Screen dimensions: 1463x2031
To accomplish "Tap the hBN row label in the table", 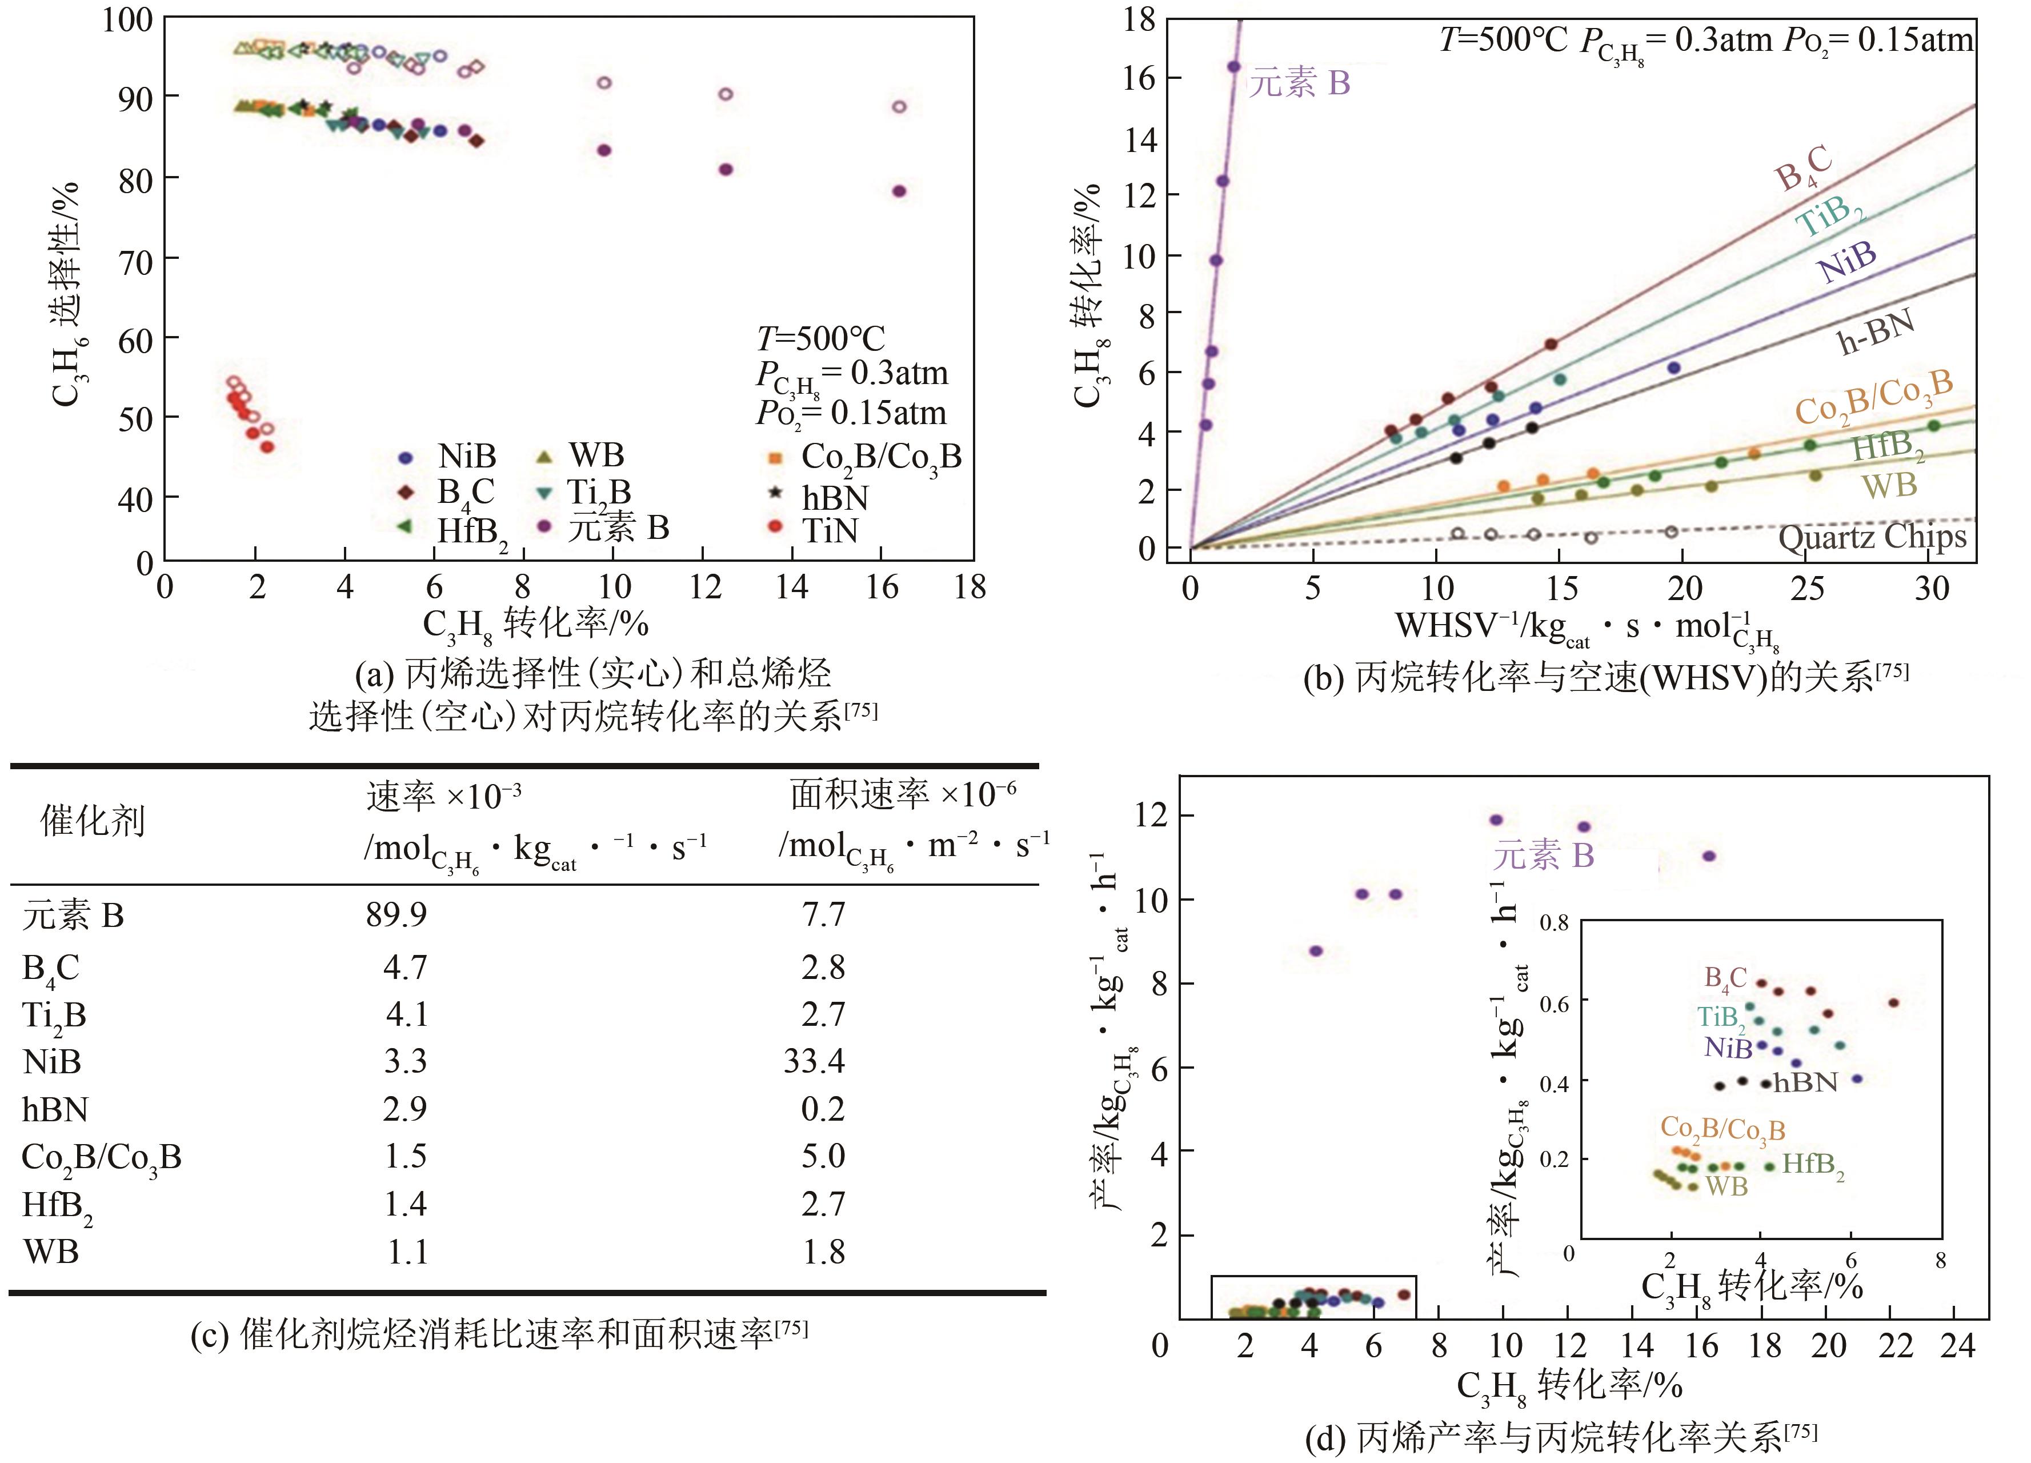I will tap(55, 1109).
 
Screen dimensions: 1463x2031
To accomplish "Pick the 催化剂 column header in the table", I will tap(91, 821).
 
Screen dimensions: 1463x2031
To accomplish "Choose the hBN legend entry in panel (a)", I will tap(834, 497).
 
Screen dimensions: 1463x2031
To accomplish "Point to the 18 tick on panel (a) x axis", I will tap(971, 587).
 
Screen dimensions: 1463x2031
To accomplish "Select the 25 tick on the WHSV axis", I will tap(1807, 589).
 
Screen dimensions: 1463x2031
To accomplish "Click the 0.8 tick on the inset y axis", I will tap(1554, 923).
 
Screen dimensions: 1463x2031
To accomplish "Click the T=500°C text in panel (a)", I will tap(820, 339).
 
